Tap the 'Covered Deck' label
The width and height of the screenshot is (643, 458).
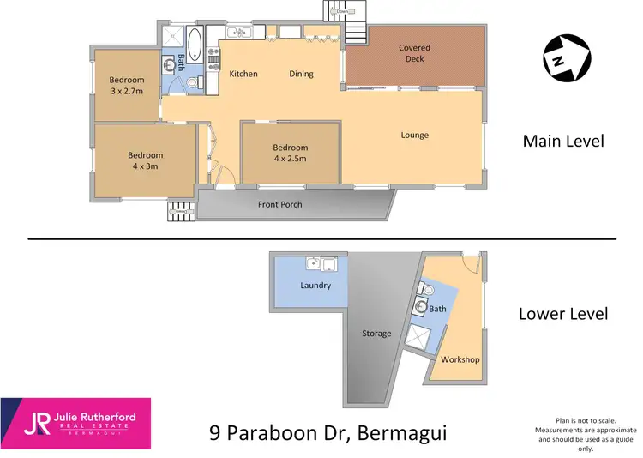coord(414,53)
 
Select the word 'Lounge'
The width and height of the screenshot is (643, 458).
coord(414,135)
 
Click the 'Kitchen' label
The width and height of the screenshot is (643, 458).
coord(243,74)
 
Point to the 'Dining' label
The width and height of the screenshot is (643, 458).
coord(301,74)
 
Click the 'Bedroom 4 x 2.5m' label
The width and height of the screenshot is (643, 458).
coord(291,153)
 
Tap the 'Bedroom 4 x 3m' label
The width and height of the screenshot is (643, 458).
coord(145,160)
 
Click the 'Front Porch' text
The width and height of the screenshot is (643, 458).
coord(280,205)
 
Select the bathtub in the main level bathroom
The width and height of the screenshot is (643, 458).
coord(194,40)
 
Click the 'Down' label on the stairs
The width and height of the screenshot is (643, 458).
coord(342,12)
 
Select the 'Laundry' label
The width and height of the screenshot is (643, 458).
coord(315,285)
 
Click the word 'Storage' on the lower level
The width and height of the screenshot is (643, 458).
coord(376,334)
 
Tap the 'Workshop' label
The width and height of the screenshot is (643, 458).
coord(460,359)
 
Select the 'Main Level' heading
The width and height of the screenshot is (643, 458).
coord(563,141)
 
